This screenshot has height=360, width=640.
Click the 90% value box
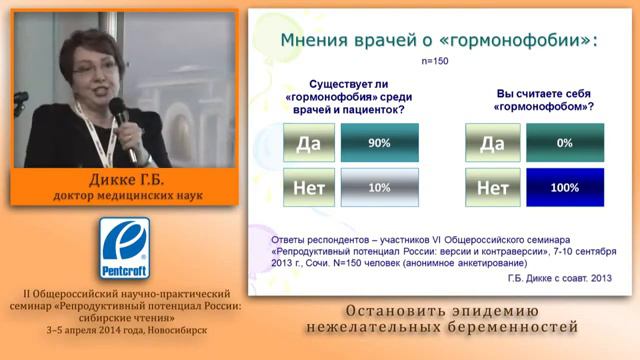[378, 143]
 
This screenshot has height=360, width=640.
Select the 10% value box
[378, 186]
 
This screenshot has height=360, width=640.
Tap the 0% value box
[564, 143]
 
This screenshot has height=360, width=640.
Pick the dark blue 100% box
[564, 186]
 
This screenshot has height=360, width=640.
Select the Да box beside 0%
[492, 143]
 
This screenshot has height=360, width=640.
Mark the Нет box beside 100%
[492, 186]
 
